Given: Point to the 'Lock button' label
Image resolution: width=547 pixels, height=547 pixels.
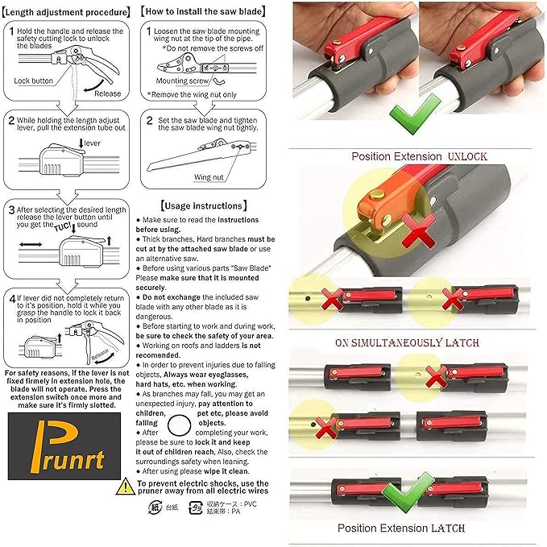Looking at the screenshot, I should click(x=33, y=81).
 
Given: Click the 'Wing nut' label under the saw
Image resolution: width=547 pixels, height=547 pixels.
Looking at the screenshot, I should click(x=209, y=176).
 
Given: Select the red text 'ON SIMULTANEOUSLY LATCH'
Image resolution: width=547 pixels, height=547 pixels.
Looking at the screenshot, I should click(x=408, y=342).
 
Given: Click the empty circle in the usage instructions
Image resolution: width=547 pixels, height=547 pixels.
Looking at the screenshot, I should click(x=180, y=421).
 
